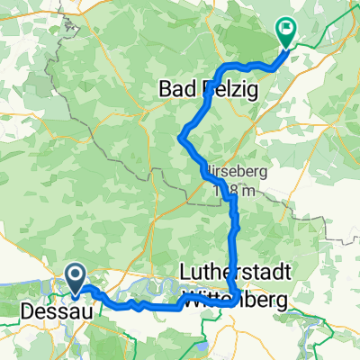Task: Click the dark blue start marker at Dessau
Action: (x=76, y=275)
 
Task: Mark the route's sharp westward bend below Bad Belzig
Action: (x=183, y=137)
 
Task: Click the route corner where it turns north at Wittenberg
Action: (x=236, y=301)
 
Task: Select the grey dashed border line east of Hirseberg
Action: (x=315, y=216)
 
